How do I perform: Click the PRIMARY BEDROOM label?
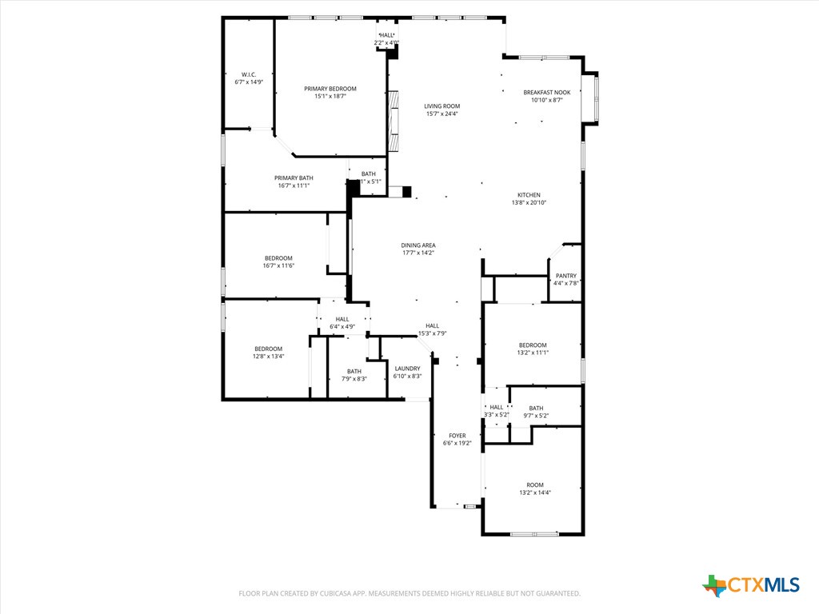[x=330, y=89]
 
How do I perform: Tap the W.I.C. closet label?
[x=248, y=74]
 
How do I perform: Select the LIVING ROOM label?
[x=441, y=106]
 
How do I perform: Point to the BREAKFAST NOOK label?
[x=547, y=93]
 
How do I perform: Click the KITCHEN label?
[x=529, y=195]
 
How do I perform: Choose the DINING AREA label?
[x=418, y=245]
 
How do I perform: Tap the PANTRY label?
[x=565, y=276]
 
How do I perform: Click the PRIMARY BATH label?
[x=294, y=178]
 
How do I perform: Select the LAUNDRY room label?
[x=408, y=369]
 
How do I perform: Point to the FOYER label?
[x=457, y=436]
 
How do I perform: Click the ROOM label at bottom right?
[x=534, y=485]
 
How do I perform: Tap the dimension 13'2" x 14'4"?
[x=534, y=493]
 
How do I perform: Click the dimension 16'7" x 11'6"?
[x=278, y=265]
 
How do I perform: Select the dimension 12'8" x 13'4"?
[x=268, y=357]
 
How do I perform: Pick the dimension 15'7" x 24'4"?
[x=441, y=114]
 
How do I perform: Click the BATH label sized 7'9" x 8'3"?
[x=354, y=371]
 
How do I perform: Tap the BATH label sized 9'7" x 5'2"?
[x=535, y=408]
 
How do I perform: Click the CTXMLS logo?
[x=751, y=585]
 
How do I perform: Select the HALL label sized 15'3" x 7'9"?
[x=432, y=325]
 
